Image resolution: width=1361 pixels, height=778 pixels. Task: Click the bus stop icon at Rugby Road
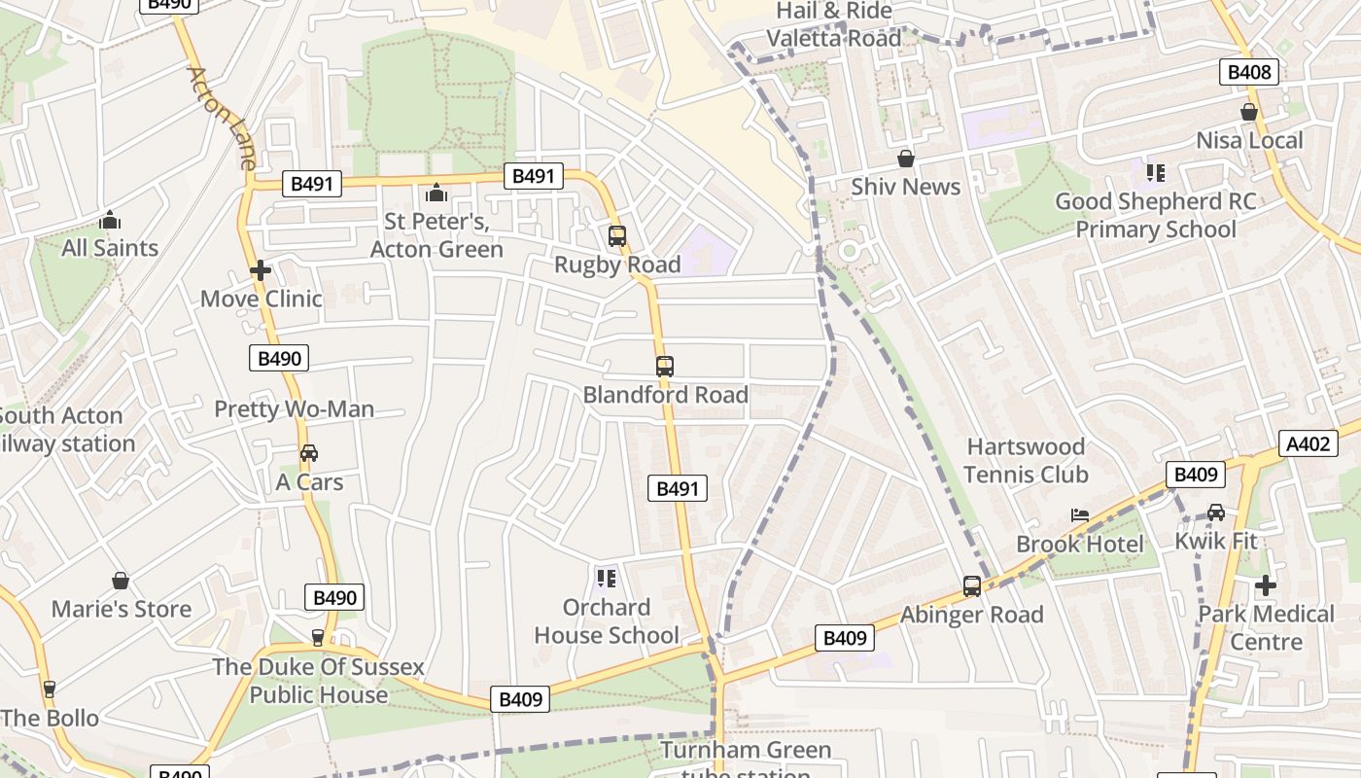(616, 235)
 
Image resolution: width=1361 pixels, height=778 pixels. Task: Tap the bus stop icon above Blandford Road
(665, 367)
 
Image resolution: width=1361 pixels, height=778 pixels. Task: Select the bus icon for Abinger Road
(971, 586)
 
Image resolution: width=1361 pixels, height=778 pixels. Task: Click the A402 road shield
(1307, 443)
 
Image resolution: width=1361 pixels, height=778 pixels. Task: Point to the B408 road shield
(1249, 71)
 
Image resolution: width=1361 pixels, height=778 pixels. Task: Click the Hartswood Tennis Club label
(1026, 461)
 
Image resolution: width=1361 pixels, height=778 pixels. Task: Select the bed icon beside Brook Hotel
(1079, 514)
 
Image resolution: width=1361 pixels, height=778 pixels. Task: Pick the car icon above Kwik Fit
(1215, 513)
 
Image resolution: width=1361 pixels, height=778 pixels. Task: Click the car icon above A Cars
(309, 453)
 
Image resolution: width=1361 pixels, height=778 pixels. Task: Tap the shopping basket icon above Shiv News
(906, 159)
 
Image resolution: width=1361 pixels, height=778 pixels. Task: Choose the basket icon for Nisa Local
(1249, 113)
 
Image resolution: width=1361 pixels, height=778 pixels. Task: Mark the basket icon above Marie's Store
(121, 581)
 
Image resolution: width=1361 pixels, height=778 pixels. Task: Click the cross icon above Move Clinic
(261, 270)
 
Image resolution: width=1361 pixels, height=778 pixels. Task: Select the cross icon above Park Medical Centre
(1265, 585)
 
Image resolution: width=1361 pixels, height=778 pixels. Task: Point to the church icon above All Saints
(110, 221)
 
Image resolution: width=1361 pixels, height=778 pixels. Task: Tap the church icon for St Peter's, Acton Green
(436, 193)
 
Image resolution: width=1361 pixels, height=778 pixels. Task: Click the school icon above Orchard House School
(607, 579)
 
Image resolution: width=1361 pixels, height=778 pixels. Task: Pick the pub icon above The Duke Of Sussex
(318, 638)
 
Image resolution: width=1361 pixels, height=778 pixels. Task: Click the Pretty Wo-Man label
(294, 409)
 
